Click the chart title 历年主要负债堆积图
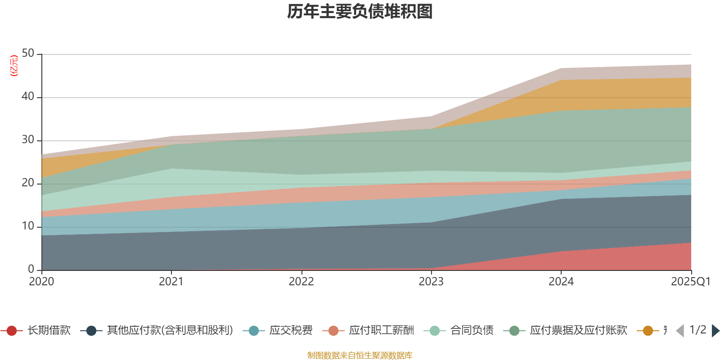pos(360,12)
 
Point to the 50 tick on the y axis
pos(28,54)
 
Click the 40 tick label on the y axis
pos(28,97)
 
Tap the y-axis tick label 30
pos(28,140)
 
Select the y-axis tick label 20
pos(28,183)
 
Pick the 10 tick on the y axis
pos(28,226)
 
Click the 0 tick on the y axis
pos(31,270)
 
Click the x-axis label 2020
pos(41,282)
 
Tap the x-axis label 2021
pos(171,282)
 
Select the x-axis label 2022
pos(301,282)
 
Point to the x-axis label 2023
pos(431,282)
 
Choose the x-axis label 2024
pos(561,282)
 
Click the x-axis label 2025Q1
pos(690,282)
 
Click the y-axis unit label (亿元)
pos(14,66)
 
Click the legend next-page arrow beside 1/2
pos(715,331)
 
